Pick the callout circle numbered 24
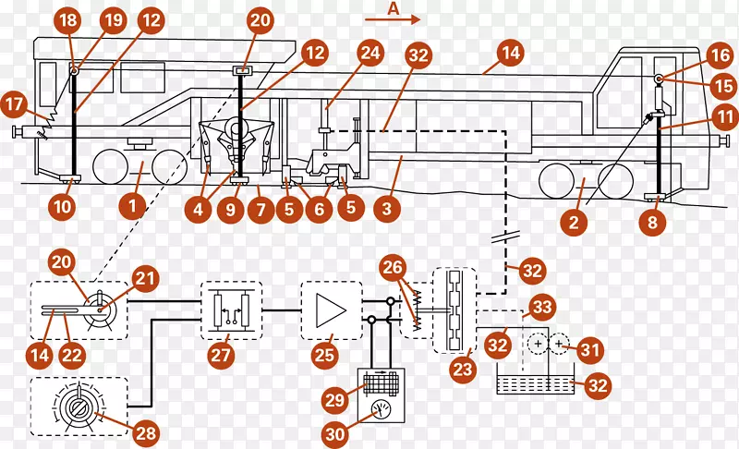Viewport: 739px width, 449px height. pyautogui.click(x=370, y=53)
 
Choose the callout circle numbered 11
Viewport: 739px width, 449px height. pyautogui.click(x=725, y=117)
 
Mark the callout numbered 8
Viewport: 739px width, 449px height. pyautogui.click(x=654, y=221)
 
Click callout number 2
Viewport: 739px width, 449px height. pyautogui.click(x=574, y=222)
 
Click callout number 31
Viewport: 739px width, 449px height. pyautogui.click(x=591, y=350)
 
